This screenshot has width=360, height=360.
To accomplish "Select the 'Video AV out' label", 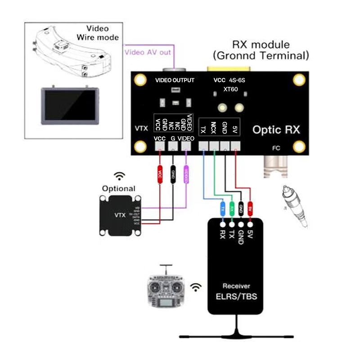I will tap(148, 52).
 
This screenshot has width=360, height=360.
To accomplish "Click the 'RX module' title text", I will tap(261, 45).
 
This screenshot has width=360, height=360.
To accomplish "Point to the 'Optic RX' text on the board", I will tap(276, 130).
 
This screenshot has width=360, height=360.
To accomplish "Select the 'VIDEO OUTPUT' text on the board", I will tap(175, 81).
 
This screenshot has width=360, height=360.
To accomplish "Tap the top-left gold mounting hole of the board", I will tap(141, 80).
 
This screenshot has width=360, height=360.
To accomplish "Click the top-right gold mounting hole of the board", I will tap(299, 80).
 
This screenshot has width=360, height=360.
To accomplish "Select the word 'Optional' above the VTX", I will tap(119, 188).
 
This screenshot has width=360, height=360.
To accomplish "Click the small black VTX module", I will tap(119, 215).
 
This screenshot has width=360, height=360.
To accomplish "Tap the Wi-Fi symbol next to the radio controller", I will tap(195, 286).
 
